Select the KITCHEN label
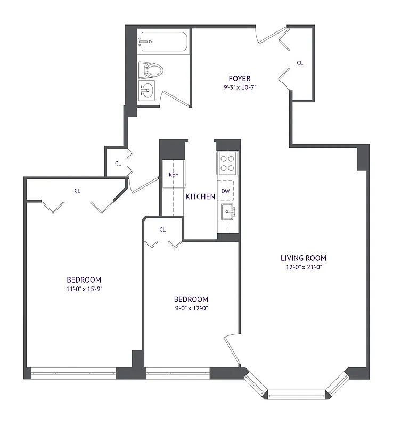tap(200, 197)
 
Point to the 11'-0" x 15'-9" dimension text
tap(84, 289)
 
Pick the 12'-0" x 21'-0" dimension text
tap(304, 267)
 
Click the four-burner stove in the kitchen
tap(227, 163)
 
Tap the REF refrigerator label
tap(173, 175)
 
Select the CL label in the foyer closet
tap(300, 63)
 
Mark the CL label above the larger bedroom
tap(77, 190)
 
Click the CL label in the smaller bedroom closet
tap(162, 230)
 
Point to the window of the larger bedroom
tap(73, 374)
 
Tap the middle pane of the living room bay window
tap(297, 395)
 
